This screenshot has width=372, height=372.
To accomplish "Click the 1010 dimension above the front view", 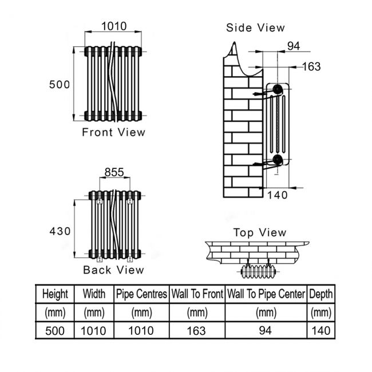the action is coord(114,26).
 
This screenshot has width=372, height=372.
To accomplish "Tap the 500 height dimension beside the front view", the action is coord(60,85).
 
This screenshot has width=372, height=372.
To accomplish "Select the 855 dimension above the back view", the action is coord(114,172).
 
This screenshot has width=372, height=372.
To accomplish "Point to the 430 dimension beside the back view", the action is coord(60,231).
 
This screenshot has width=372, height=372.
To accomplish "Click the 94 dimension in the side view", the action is coord(294,46).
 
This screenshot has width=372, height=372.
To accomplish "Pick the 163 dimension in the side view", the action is coord(311,66).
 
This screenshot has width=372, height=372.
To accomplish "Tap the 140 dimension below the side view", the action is coord(278,195).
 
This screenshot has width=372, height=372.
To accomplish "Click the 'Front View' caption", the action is coord(113,132).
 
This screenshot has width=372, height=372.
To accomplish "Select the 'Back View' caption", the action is coord(113,270).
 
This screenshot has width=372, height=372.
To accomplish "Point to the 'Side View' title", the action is coord(255,28).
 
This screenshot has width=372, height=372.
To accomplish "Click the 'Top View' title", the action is coord(260,232).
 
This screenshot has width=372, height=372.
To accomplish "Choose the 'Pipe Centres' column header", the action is coord(141,294).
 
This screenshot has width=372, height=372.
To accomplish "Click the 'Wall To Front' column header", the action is coord(197,294).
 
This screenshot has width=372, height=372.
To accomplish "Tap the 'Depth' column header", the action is coord(320,294).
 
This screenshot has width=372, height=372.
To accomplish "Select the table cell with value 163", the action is coord(196,331).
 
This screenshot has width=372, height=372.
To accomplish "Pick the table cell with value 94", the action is coord(265,330).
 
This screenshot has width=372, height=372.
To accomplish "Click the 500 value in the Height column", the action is coord(55,331).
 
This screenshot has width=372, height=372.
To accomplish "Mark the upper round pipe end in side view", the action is coord(277,89).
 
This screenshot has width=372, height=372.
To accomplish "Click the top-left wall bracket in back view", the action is coord(100,201).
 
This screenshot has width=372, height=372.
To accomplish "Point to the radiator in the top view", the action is coord(258,272).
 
